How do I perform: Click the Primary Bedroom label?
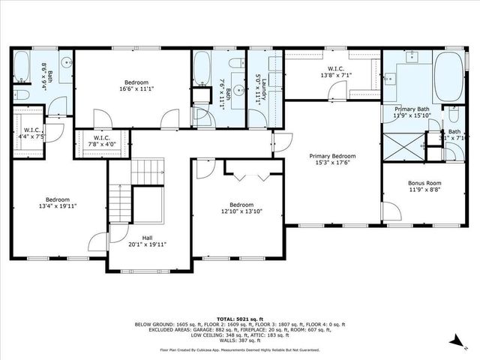click(333, 157)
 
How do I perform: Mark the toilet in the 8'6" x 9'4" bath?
click(22, 94)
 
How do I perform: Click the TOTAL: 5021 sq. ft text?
click(239, 318)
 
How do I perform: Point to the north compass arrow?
click(454, 341)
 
